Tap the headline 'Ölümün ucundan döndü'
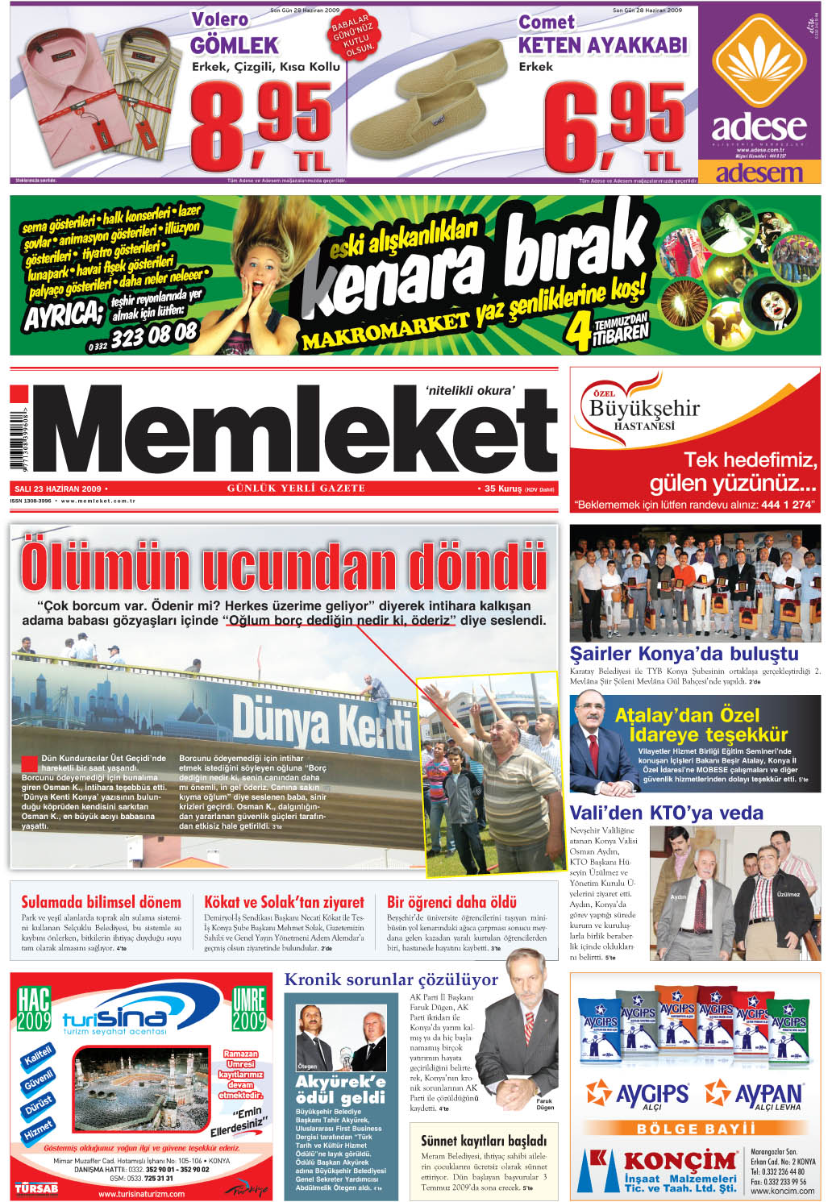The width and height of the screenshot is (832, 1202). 284,566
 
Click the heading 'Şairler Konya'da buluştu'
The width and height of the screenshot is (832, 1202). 684,654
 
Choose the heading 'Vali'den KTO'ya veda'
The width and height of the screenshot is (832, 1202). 666,813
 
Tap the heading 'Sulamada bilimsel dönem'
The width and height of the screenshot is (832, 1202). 101,902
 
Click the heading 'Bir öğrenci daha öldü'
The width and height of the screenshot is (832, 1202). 451,902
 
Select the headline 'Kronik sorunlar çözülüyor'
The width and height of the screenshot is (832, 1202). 391,979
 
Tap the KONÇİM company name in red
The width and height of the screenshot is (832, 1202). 680,1161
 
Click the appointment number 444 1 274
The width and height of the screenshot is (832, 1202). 786,505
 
